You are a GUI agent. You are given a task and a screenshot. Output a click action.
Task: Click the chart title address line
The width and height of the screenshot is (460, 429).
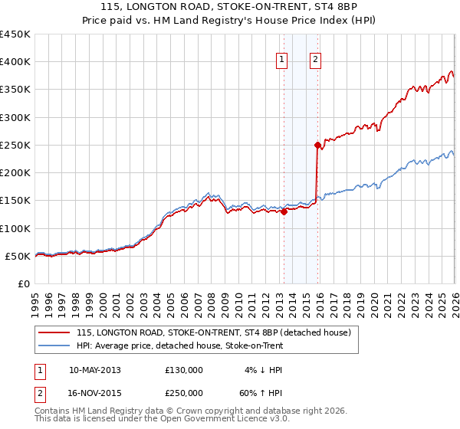point(230,8)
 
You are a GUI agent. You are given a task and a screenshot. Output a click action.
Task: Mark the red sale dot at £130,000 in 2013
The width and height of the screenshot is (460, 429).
point(284,212)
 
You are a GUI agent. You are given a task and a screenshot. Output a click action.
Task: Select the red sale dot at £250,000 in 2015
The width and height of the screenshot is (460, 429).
point(317,145)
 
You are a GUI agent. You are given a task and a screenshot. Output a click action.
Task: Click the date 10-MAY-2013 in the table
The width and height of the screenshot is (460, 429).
point(95,369)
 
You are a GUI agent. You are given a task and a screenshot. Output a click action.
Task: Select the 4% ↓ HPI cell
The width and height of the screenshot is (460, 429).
point(259,369)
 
